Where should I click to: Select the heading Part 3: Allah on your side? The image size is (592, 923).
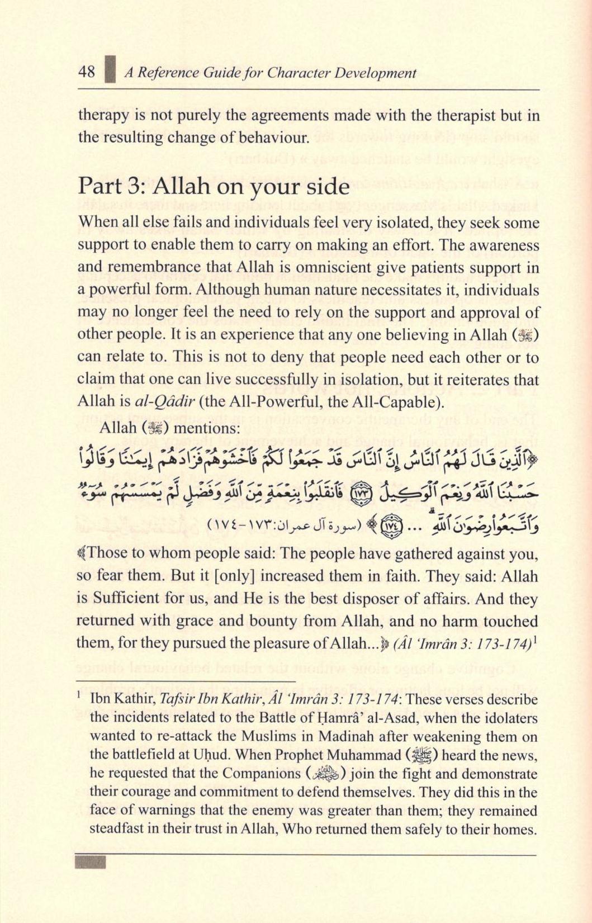point(214,187)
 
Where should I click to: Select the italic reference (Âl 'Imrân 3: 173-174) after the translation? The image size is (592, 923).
point(457,643)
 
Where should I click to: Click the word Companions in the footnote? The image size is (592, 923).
point(262,774)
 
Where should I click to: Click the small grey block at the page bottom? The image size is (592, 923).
point(89,862)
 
